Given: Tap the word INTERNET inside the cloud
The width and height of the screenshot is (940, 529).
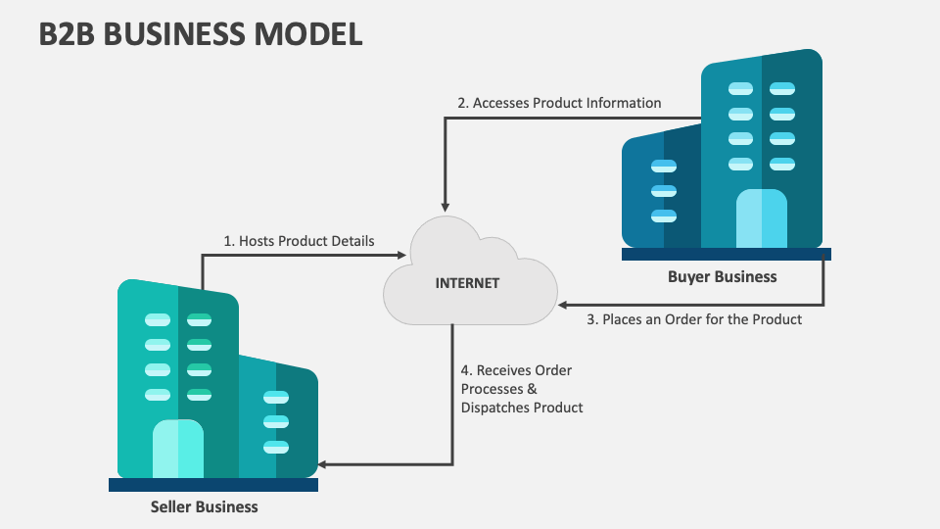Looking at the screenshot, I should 467,283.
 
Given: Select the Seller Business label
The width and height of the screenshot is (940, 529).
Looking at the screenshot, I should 204,506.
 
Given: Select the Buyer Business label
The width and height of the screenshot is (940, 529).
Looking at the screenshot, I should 722,276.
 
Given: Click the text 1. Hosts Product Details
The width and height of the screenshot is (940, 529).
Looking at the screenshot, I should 299,240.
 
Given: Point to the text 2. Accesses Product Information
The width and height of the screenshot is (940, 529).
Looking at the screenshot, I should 559,103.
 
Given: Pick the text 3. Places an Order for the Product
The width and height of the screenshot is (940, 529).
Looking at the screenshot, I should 694,318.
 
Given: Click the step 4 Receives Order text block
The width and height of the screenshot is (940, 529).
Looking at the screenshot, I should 522,389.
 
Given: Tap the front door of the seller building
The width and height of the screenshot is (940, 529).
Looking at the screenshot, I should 178,449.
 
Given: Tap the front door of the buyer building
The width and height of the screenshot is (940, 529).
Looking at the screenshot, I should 761,218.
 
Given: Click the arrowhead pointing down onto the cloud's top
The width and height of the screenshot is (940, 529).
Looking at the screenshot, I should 446,207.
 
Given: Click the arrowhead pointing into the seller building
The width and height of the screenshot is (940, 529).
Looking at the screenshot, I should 324,464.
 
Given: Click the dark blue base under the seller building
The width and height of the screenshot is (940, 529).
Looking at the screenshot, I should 212,484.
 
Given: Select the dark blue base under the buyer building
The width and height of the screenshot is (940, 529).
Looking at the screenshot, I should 726,254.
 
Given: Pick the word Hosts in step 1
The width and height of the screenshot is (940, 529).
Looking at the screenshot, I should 257,240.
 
